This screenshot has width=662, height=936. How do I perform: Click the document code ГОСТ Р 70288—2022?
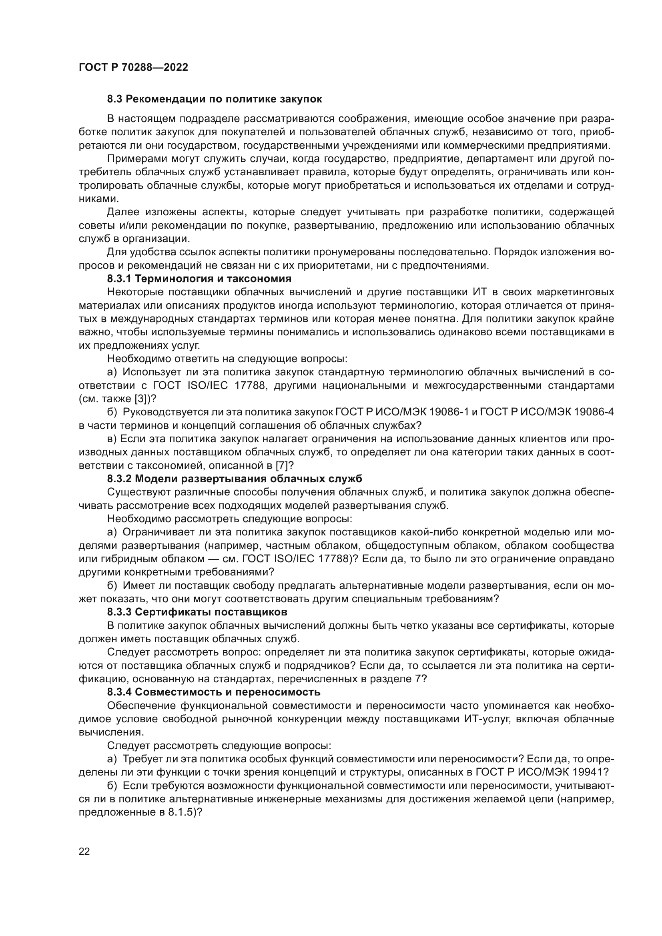click(x=133, y=68)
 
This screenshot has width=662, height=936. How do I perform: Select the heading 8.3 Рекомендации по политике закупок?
click(x=215, y=99)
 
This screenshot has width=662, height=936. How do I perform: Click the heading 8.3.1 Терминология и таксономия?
click(x=199, y=279)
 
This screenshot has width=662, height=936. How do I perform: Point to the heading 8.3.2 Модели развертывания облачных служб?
click(x=235, y=479)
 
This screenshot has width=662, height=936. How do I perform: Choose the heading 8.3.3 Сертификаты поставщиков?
click(x=197, y=612)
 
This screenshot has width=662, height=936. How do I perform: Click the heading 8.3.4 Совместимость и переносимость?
click(x=214, y=692)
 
